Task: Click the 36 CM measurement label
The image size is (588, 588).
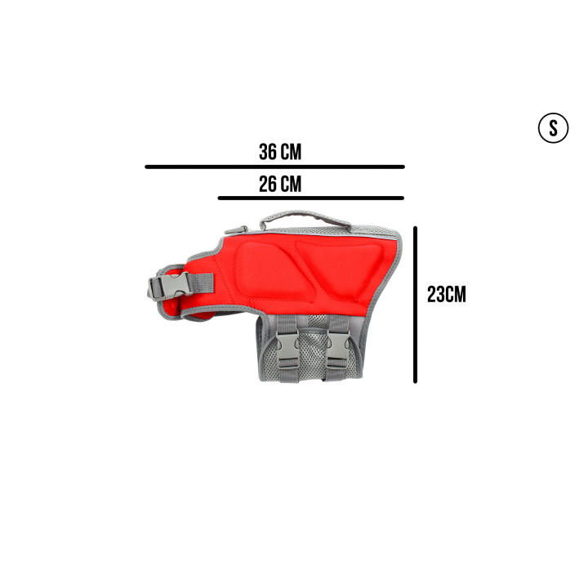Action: pos(280,152)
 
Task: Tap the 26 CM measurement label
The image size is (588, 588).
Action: pos(280,184)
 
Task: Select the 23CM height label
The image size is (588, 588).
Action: pos(446,294)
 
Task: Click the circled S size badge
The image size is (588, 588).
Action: pos(553,128)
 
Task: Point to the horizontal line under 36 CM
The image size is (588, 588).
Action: pos(275,167)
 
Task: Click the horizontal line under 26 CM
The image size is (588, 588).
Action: pos(311,198)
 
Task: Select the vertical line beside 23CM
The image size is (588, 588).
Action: pos(415,305)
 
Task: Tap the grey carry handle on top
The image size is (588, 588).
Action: pos(305,216)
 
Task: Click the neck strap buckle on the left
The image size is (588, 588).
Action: pos(171,287)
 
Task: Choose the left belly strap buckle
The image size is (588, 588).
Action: pos(287,350)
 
